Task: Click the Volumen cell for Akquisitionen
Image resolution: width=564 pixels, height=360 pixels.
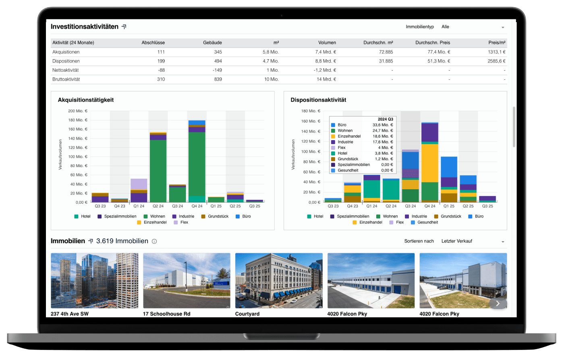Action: click(326, 52)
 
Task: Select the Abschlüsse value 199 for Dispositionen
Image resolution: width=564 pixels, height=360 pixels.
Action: click(161, 61)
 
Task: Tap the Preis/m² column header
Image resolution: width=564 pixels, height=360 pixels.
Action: click(497, 43)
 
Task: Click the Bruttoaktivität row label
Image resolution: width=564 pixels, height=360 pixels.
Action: click(66, 79)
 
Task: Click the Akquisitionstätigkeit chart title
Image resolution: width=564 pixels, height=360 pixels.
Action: click(85, 100)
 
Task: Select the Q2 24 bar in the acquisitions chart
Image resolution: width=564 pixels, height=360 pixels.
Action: click(158, 167)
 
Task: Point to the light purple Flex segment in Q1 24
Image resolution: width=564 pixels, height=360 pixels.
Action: click(139, 184)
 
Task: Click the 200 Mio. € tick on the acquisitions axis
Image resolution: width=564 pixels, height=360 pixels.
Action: click(78, 111)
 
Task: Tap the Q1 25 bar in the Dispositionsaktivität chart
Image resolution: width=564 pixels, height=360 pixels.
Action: click(449, 180)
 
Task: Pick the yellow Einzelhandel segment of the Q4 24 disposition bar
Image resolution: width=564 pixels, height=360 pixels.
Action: click(430, 163)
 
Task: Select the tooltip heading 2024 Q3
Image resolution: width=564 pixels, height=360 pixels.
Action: click(385, 119)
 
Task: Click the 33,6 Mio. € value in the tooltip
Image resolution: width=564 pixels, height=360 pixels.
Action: click(383, 125)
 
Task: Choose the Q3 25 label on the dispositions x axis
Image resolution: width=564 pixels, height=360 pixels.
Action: click(487, 206)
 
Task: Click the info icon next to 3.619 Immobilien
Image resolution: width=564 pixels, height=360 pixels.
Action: click(154, 242)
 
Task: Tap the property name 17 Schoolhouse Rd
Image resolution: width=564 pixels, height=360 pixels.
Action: click(167, 314)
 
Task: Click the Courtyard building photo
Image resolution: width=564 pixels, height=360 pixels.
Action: click(279, 280)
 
